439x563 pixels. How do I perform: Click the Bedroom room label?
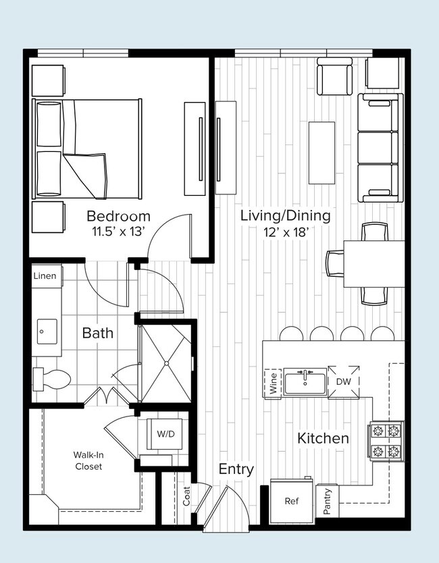118,217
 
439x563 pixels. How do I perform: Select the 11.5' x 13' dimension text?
118,233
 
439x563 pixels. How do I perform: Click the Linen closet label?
45,276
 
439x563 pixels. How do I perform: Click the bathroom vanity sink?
45,332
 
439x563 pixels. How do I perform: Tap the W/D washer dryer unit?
165,433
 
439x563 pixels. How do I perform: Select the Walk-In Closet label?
88,460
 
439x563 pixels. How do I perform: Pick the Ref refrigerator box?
291,502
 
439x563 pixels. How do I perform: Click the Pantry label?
328,502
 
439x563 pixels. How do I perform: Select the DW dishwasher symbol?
344,381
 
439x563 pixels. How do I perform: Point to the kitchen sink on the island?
305,382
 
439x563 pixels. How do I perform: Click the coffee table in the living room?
322,152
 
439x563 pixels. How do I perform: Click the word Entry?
236,469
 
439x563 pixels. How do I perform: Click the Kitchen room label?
323,438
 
